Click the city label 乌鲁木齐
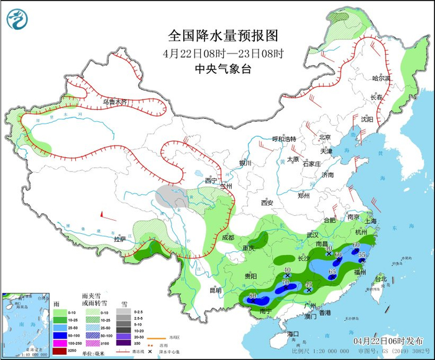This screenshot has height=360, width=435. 115,101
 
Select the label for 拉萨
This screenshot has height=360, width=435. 119,239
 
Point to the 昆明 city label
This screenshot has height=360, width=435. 215,290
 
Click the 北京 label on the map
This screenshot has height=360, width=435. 324,137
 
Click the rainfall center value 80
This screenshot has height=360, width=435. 252,295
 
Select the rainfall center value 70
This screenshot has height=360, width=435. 286,283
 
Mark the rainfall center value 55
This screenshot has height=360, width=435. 362,256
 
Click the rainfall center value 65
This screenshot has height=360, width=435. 332,272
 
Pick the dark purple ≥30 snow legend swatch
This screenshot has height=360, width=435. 125,343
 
